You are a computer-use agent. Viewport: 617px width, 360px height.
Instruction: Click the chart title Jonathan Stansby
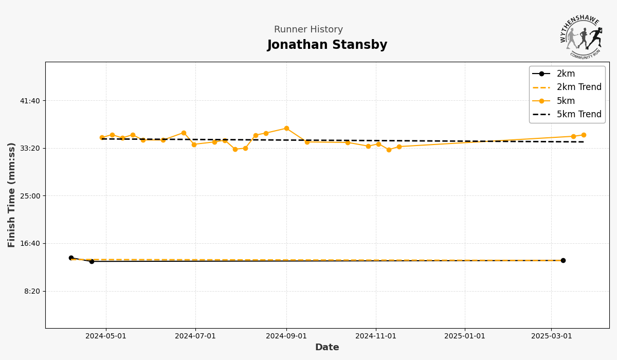point(327,45)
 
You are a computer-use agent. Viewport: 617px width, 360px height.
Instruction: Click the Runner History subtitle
point(308,30)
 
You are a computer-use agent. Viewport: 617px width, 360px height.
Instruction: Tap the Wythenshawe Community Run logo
point(581,37)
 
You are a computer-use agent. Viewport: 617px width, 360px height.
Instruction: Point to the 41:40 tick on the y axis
point(30,101)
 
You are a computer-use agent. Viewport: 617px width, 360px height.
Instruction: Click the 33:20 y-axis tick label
point(30,148)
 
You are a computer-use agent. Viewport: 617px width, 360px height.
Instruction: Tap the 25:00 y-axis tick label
point(30,196)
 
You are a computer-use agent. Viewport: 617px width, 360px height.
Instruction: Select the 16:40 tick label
point(30,243)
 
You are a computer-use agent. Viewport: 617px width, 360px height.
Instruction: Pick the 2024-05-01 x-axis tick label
point(106,336)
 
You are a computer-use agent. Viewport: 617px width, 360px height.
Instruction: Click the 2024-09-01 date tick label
point(286,336)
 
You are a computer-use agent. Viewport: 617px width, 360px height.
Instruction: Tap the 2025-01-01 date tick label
point(465,336)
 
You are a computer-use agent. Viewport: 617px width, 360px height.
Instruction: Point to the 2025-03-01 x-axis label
point(552,336)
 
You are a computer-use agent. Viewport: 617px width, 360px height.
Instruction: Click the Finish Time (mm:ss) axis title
point(12,195)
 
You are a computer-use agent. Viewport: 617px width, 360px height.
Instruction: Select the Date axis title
point(327,348)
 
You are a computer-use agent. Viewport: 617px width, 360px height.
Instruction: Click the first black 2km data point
point(71,258)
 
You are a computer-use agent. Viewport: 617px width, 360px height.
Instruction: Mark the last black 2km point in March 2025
point(563,261)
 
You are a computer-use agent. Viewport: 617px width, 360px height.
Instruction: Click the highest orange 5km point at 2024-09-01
point(286,129)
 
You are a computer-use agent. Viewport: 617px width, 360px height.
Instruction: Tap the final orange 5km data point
point(584,135)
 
